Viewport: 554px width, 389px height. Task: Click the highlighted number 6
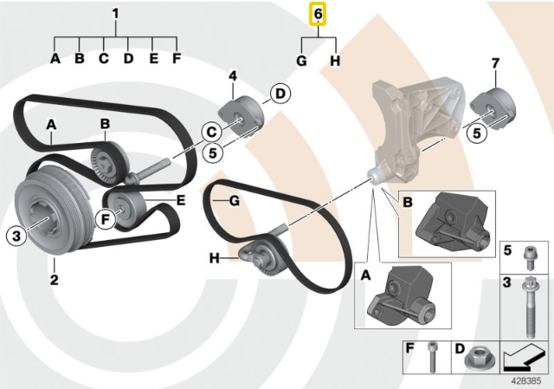[x=318, y=15]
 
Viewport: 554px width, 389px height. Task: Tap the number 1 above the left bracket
[x=115, y=14]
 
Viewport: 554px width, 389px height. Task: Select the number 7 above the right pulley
[x=495, y=63]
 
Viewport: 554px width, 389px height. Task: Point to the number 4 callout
[x=233, y=76]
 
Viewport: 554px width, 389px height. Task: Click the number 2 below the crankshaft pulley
[x=54, y=280]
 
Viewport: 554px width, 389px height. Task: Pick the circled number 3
[x=16, y=236]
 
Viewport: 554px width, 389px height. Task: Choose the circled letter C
[x=211, y=133]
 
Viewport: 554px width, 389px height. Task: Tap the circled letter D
[x=280, y=94]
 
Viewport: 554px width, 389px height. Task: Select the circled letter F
[x=106, y=219]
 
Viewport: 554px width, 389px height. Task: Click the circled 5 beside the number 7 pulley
[x=477, y=133]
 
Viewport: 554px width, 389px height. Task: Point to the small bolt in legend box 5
[x=528, y=257]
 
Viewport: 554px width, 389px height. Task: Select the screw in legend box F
[x=433, y=356]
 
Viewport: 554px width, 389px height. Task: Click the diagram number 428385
[x=526, y=381]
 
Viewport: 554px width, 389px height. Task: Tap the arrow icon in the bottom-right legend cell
[x=523, y=360]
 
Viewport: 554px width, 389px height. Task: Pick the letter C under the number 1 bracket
[x=104, y=58]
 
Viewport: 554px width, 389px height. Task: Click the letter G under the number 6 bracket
[x=301, y=61]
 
